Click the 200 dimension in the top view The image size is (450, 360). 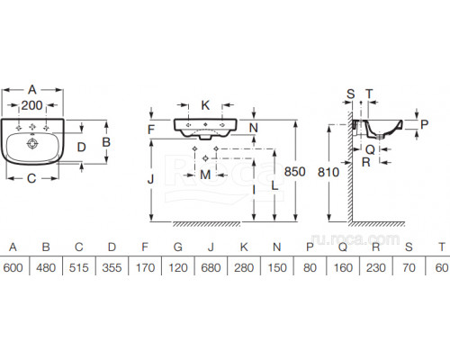click(31, 105)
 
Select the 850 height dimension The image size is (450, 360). click(294, 172)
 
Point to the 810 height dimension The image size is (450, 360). click(328, 172)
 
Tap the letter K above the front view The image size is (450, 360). click(205, 105)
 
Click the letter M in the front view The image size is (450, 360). click(205, 175)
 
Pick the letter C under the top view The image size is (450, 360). click(31, 178)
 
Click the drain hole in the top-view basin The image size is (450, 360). click(32, 143)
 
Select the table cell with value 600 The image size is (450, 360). click(13, 267)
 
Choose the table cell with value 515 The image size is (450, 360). click(79, 267)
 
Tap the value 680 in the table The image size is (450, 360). click(211, 267)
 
